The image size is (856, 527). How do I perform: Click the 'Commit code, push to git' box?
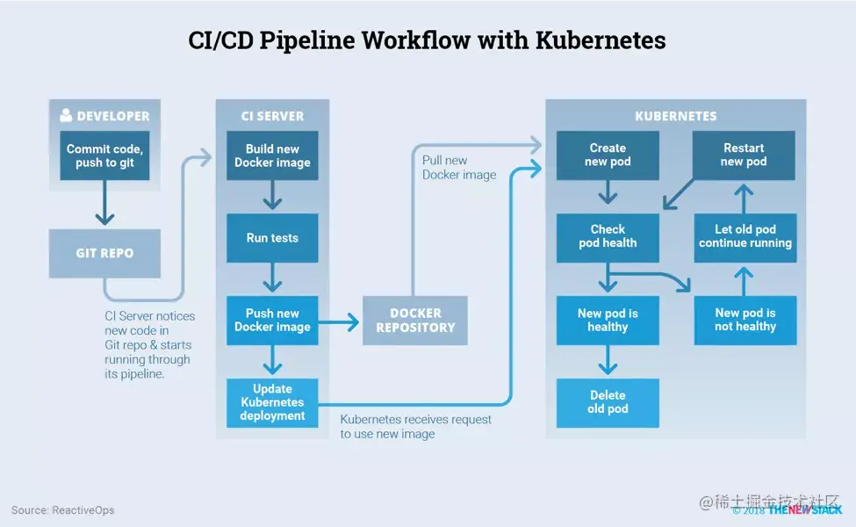pyautogui.click(x=104, y=155)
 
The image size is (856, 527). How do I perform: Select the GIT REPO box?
pyautogui.click(x=104, y=253)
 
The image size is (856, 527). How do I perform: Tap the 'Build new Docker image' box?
pyautogui.click(x=272, y=155)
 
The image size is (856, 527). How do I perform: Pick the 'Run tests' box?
pyautogui.click(x=272, y=238)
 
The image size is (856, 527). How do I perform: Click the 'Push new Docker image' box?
pyautogui.click(x=272, y=320)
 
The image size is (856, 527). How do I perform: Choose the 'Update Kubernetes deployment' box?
pyautogui.click(x=272, y=402)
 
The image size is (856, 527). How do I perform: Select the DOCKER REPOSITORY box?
pyautogui.click(x=415, y=320)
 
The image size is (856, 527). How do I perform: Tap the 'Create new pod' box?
pyautogui.click(x=608, y=155)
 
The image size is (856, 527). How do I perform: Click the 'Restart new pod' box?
pyautogui.click(x=744, y=155)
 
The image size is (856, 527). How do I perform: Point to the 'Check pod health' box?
pyautogui.click(x=608, y=237)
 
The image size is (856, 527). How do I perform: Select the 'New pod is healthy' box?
pyautogui.click(x=608, y=320)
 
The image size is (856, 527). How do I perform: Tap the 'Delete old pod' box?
pyautogui.click(x=608, y=402)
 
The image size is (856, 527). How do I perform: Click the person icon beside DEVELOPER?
pyautogui.click(x=66, y=115)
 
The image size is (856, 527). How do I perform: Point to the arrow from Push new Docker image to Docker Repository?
pyautogui.click(x=341, y=322)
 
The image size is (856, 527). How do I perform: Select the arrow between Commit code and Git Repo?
pyautogui.click(x=104, y=204)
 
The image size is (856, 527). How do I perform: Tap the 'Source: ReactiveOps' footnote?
pyautogui.click(x=62, y=509)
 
